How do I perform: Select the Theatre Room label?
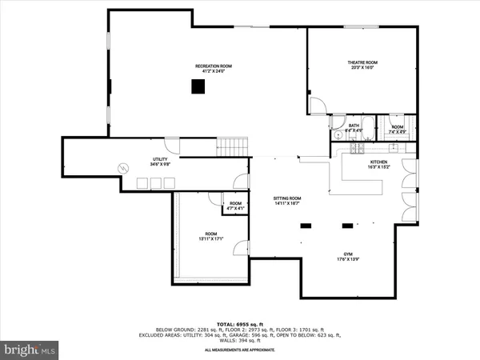tap(362, 62)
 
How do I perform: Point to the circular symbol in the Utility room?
tap(123, 167)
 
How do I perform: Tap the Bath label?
tap(353, 125)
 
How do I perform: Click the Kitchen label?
tap(378, 162)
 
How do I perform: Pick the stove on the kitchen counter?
tap(355, 148)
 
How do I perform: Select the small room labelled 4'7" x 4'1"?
tap(235, 206)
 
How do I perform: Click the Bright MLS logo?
tap(30, 350)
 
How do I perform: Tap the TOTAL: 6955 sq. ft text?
tap(240, 323)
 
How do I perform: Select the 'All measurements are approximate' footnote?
tap(240, 350)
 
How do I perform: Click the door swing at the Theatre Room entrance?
tap(318, 104)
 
